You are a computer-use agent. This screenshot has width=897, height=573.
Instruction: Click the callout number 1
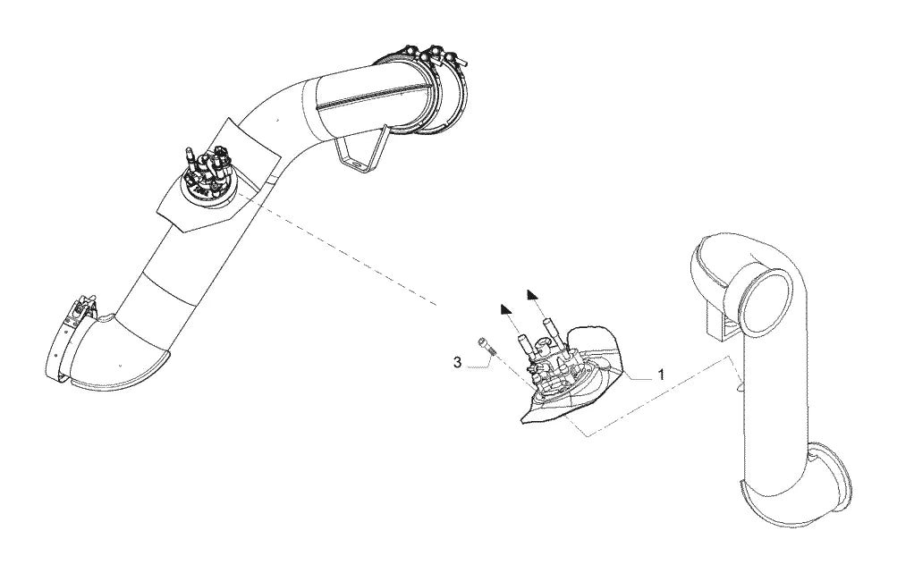click(x=661, y=375)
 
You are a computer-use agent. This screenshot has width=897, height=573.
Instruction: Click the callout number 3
click(x=457, y=362)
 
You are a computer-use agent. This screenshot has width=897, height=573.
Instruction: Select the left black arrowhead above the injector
click(x=504, y=308)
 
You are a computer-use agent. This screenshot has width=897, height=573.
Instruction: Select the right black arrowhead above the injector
click(x=533, y=294)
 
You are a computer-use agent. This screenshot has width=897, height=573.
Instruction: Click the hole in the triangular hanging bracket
click(x=356, y=165)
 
